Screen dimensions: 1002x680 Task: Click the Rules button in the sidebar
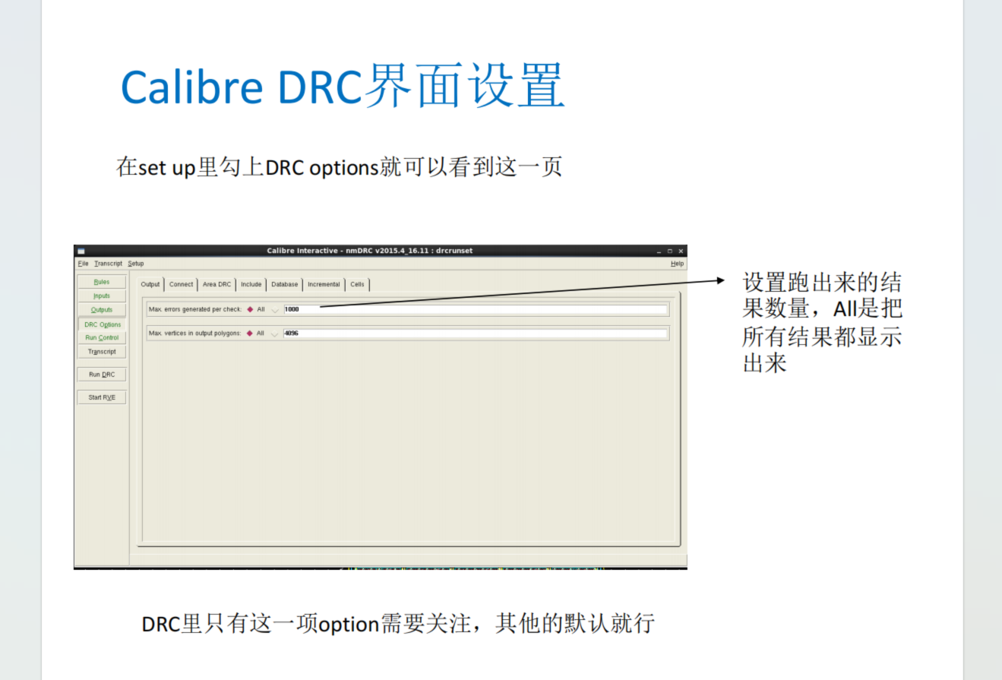pyautogui.click(x=102, y=282)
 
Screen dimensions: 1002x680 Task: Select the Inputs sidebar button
pyautogui.click(x=102, y=296)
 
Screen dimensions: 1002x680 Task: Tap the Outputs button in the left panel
pyautogui.click(x=102, y=309)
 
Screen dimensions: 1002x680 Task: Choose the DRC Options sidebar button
pyautogui.click(x=103, y=324)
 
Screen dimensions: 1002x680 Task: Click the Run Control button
pyautogui.click(x=102, y=338)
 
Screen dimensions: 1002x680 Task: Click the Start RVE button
pyautogui.click(x=102, y=397)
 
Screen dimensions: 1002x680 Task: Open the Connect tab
pyautogui.click(x=181, y=284)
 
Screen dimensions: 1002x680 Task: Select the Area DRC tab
pyautogui.click(x=217, y=284)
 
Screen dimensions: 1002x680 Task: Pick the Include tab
pyautogui.click(x=251, y=284)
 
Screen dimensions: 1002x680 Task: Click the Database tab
pyautogui.click(x=285, y=284)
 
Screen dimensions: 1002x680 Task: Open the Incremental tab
pyautogui.click(x=324, y=284)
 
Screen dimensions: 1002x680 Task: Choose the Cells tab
pyautogui.click(x=357, y=284)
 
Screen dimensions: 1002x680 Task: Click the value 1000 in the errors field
pyautogui.click(x=292, y=309)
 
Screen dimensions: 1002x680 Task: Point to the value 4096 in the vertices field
pyautogui.click(x=292, y=334)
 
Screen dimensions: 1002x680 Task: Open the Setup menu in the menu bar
pyautogui.click(x=136, y=264)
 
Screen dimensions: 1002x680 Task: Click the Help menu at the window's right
pyautogui.click(x=678, y=264)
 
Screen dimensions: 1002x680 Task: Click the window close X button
pyautogui.click(x=681, y=251)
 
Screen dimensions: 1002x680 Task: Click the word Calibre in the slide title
pyautogui.click(x=191, y=87)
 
